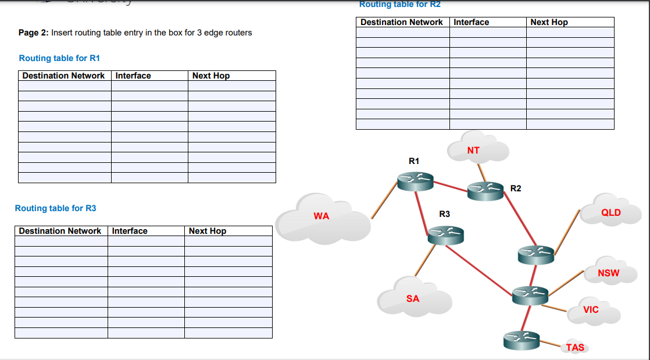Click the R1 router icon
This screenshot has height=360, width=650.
pyautogui.click(x=415, y=181)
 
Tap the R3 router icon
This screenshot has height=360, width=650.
pyautogui.click(x=445, y=235)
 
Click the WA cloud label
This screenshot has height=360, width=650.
pyautogui.click(x=322, y=216)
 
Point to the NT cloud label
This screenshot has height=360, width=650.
pyautogui.click(x=473, y=151)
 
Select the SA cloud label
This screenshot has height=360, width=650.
pyautogui.click(x=413, y=299)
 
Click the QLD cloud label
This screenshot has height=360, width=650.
pyautogui.click(x=611, y=213)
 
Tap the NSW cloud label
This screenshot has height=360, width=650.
pyautogui.click(x=609, y=273)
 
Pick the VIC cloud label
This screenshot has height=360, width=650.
pyautogui.click(x=591, y=310)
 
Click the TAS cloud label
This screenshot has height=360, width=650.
pyautogui.click(x=575, y=348)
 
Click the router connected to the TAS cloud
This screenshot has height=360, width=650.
pyautogui.click(x=522, y=340)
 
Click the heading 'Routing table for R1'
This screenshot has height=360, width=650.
pyautogui.click(x=60, y=58)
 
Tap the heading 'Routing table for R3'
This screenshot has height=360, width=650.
pyautogui.click(x=56, y=208)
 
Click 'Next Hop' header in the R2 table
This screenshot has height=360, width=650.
pyautogui.click(x=549, y=22)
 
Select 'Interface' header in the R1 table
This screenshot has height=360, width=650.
pyautogui.click(x=133, y=76)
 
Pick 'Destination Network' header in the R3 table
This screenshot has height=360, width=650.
pyautogui.click(x=60, y=231)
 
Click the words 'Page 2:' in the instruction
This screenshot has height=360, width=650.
pyautogui.click(x=34, y=33)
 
